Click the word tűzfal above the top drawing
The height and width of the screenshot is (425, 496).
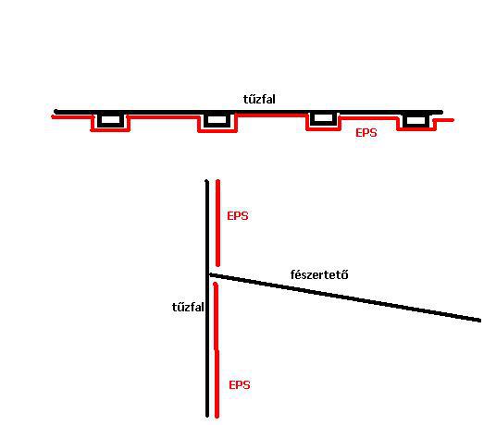tap(259, 99)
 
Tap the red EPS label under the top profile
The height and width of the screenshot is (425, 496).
tap(366, 133)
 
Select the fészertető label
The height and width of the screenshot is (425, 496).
tap(319, 274)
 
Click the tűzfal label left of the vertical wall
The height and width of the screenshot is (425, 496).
tap(188, 307)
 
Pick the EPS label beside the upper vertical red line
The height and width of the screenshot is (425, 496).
tap(238, 216)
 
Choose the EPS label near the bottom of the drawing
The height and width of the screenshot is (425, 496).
tap(240, 385)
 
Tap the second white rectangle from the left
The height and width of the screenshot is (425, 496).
tap(217, 120)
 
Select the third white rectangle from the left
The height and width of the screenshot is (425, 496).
tap(323, 118)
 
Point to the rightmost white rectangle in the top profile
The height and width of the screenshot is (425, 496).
tap(415, 120)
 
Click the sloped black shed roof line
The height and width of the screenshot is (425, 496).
tap(345, 297)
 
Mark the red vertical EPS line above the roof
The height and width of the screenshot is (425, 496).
tap(217, 223)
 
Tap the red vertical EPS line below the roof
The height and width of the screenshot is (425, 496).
tap(217, 350)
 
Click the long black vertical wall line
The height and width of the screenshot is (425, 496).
tap(207, 298)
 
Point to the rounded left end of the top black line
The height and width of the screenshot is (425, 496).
tap(56, 112)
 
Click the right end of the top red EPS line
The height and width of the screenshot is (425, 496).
tap(453, 120)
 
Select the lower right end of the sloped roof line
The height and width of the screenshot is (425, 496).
tap(480, 321)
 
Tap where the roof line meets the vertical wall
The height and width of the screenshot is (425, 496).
tap(209, 275)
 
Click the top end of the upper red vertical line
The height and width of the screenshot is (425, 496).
tap(217, 181)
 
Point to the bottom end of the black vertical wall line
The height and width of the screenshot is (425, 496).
tap(207, 416)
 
